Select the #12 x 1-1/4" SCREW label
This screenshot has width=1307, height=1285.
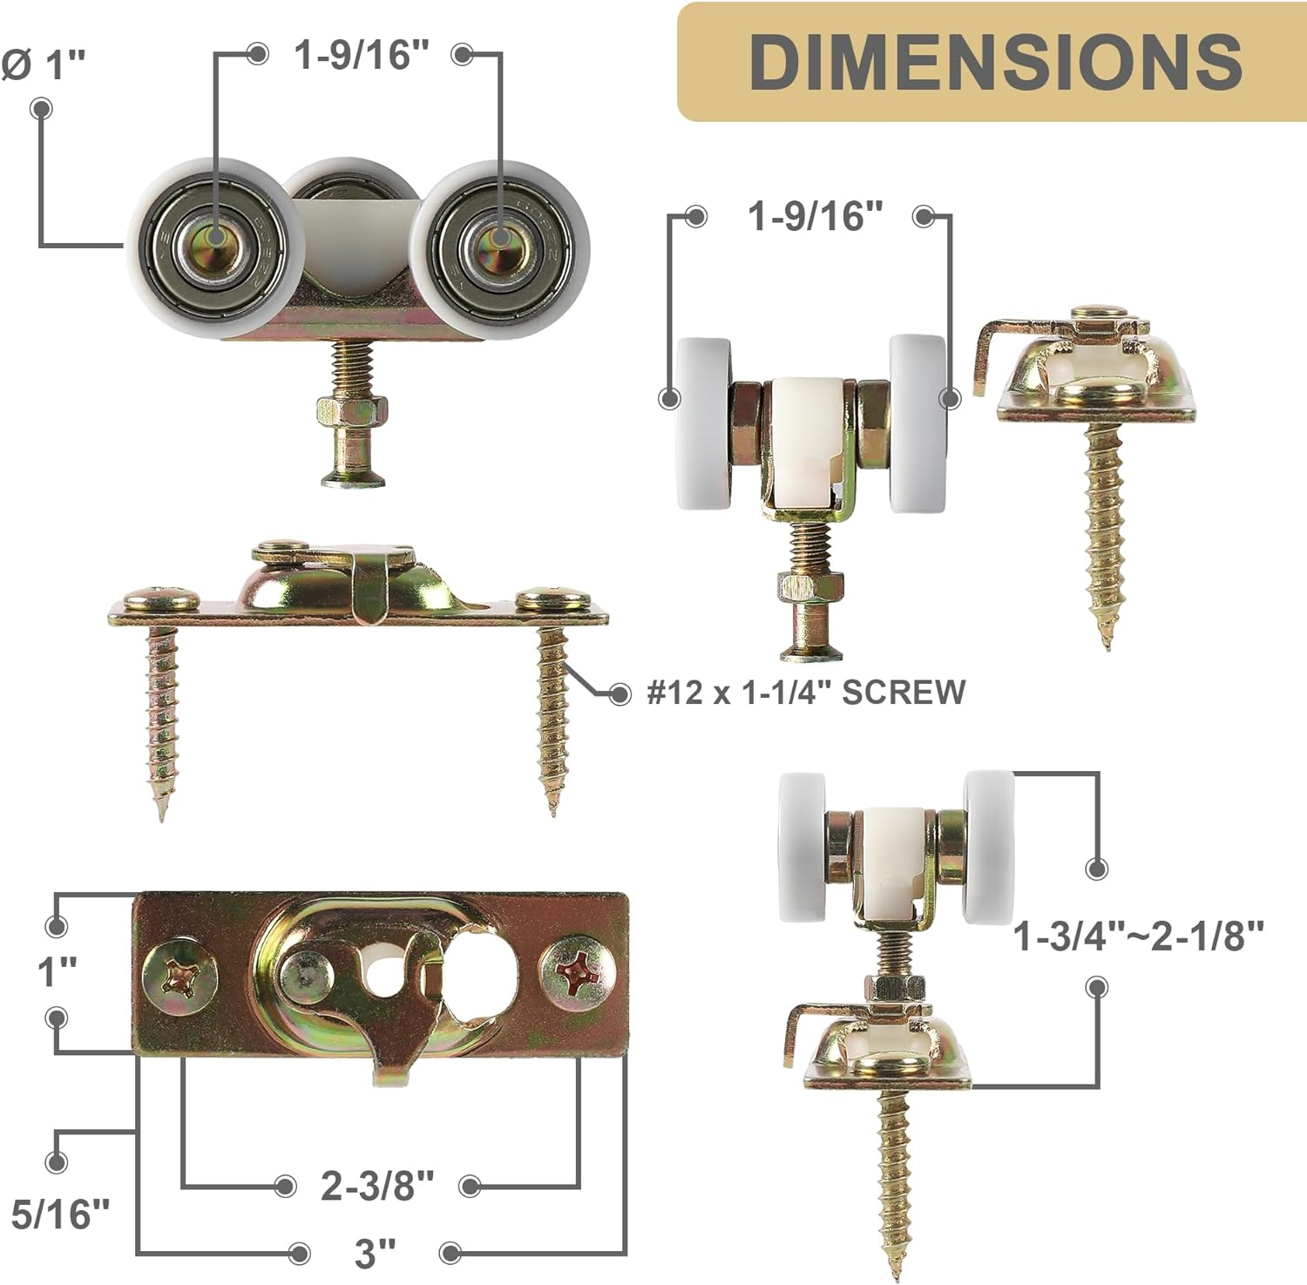[806, 692]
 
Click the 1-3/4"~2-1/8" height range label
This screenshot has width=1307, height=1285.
[1138, 937]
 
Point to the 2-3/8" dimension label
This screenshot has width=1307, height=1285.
[376, 1186]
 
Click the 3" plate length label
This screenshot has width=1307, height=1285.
[375, 1254]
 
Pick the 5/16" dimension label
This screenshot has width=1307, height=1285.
[60, 1214]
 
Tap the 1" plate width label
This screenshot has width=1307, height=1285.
[58, 971]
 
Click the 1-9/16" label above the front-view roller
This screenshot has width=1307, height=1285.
[362, 55]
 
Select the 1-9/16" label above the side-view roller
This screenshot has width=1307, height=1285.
[816, 216]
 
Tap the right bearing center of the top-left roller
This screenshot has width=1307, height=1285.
[499, 241]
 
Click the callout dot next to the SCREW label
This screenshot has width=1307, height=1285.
[620, 694]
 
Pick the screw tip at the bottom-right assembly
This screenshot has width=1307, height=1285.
[895, 1272]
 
